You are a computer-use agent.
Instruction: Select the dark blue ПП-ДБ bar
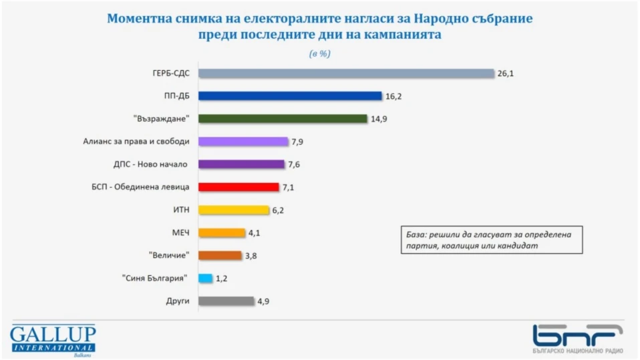[290, 96]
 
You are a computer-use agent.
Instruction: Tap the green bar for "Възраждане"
[283, 119]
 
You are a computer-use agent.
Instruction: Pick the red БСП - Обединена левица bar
[238, 187]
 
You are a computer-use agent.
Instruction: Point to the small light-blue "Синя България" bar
[205, 278]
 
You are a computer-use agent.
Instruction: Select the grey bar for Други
[226, 301]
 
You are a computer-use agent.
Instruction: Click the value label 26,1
[506, 73]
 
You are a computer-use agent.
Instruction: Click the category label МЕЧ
[180, 232]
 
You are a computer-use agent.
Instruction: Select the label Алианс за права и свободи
[136, 142]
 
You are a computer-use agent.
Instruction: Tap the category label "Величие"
[169, 255]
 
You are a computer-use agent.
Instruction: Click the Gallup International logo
[53, 339]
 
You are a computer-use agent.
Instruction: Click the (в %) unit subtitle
[319, 53]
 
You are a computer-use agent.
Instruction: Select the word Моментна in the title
[139, 19]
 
